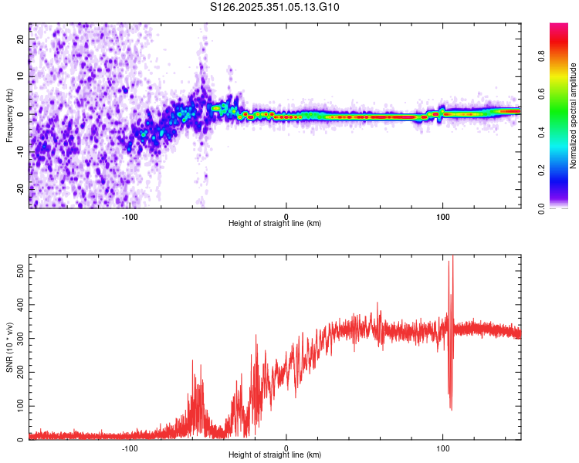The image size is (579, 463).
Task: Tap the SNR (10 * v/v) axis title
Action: pyautogui.click(x=9, y=347)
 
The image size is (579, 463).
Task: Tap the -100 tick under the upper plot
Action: pyautogui.click(x=130, y=215)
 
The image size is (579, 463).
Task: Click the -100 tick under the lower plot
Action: pyautogui.click(x=130, y=448)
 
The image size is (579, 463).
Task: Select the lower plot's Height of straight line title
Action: pyautogui.click(x=275, y=456)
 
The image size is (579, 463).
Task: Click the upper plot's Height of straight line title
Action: pyautogui.click(x=275, y=224)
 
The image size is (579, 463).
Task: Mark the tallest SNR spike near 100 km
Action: pyautogui.click(x=452, y=258)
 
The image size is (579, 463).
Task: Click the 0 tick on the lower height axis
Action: pyautogui.click(x=286, y=448)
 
